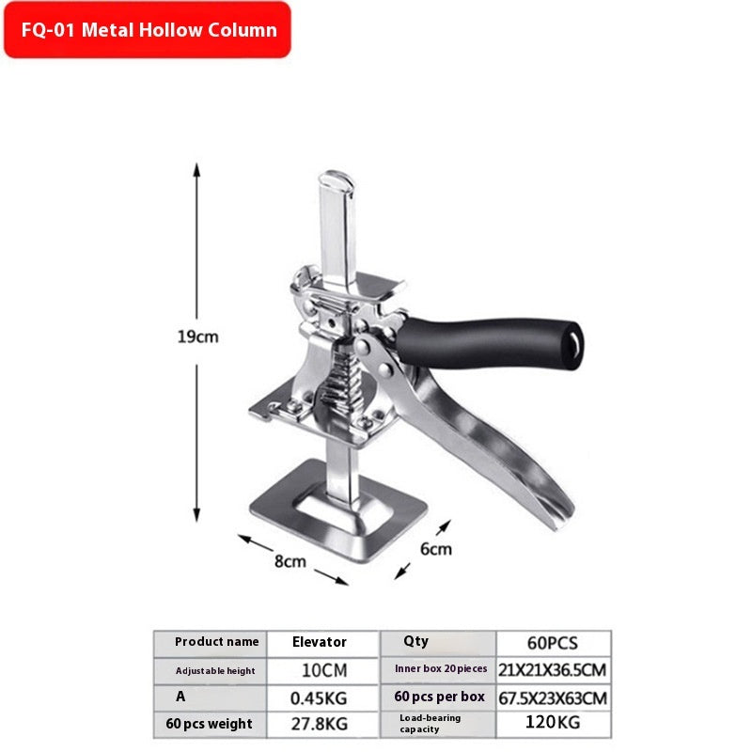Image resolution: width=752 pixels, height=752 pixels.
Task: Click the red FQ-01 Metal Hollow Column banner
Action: [148, 30]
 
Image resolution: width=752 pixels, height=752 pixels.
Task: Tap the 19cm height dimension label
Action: [197, 337]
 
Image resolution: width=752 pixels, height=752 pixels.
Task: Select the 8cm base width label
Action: [290, 561]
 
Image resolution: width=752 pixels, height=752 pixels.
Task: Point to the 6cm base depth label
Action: [436, 549]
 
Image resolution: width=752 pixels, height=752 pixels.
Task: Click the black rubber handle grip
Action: [489, 343]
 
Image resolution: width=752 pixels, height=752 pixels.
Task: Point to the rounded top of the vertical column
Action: [337, 179]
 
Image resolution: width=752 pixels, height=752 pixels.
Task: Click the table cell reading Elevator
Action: [320, 642]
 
